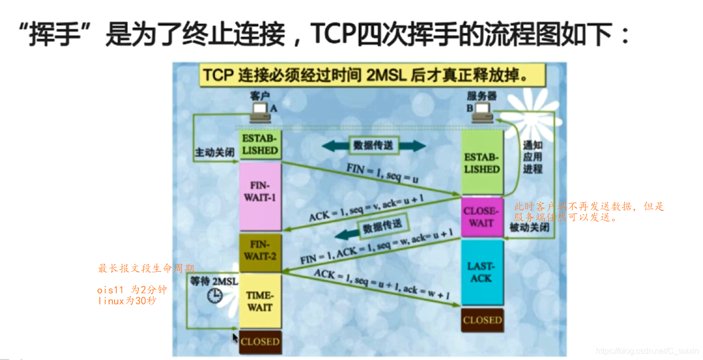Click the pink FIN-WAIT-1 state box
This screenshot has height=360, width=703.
pyautogui.click(x=260, y=196)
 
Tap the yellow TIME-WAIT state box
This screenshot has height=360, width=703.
pyautogui.click(x=260, y=301)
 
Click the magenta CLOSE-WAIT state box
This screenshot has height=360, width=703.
pyautogui.click(x=481, y=217)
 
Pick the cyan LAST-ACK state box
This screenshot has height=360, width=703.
pyautogui.click(x=481, y=272)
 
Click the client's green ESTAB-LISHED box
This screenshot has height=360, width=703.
pyautogui.click(x=260, y=144)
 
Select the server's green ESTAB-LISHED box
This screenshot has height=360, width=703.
pyautogui.click(x=481, y=163)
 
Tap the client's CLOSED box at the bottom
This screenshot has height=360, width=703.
pyautogui.click(x=260, y=342)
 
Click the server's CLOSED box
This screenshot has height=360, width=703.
pyautogui.click(x=482, y=320)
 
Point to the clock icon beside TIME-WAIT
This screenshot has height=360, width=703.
pyautogui.click(x=215, y=297)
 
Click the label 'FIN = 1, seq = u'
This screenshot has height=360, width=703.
pyautogui.click(x=382, y=174)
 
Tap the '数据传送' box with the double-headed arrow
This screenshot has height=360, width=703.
pyautogui.click(x=373, y=145)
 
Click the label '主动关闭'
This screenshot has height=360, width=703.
pyautogui.click(x=214, y=153)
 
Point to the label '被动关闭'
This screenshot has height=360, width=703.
pyautogui.click(x=529, y=228)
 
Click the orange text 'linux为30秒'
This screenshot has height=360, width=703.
pyautogui.click(x=127, y=300)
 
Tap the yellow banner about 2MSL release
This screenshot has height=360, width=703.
pyautogui.click(x=369, y=76)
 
